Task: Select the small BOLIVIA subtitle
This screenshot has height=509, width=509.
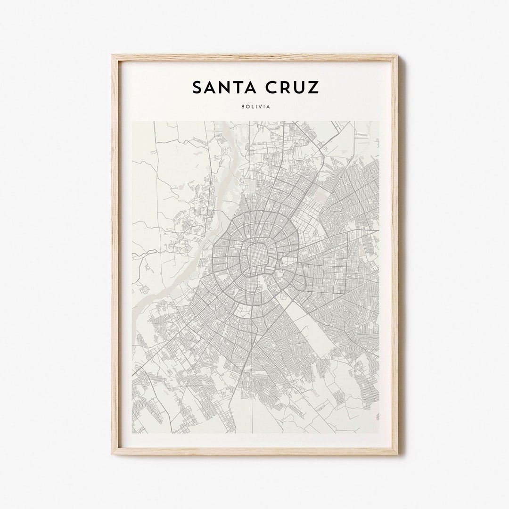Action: pyautogui.click(x=255, y=107)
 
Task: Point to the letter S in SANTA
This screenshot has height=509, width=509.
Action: pyautogui.click(x=197, y=88)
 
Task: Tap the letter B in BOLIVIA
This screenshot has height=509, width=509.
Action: pyautogui.click(x=242, y=107)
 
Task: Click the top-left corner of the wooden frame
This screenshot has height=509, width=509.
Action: pyautogui.click(x=113, y=56)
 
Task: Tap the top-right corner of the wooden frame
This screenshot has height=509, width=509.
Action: pyautogui.click(x=397, y=56)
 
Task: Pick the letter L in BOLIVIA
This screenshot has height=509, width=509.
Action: pyautogui.click(x=252, y=107)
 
